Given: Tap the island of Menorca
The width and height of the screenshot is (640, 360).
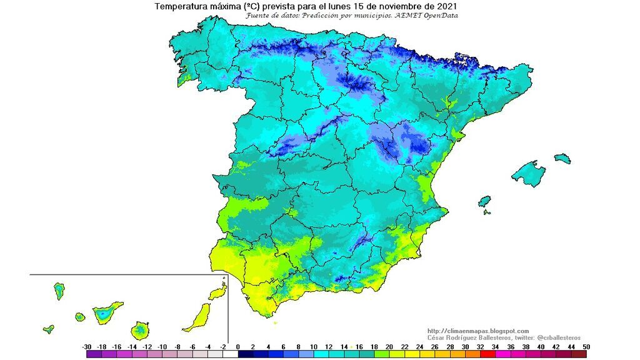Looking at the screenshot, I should point(562,158).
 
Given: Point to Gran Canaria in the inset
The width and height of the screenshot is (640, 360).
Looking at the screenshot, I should point(141,329).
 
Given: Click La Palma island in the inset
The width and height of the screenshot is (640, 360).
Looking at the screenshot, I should point(59,291).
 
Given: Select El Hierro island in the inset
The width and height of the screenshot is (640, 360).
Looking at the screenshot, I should point(48,329).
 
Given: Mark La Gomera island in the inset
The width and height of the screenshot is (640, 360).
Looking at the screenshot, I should point(80,317).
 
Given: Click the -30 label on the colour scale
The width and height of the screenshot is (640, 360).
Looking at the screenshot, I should point(87,347).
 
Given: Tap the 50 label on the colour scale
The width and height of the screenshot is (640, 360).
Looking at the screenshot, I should point(586,347).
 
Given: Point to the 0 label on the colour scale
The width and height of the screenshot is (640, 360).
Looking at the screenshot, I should point(239,347).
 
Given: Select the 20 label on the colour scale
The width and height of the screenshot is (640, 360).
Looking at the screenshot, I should point(389,347).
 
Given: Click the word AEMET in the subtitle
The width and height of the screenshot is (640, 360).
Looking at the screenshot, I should point(407,15).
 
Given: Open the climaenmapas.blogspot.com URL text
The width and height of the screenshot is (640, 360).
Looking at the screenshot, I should point(478,331).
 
